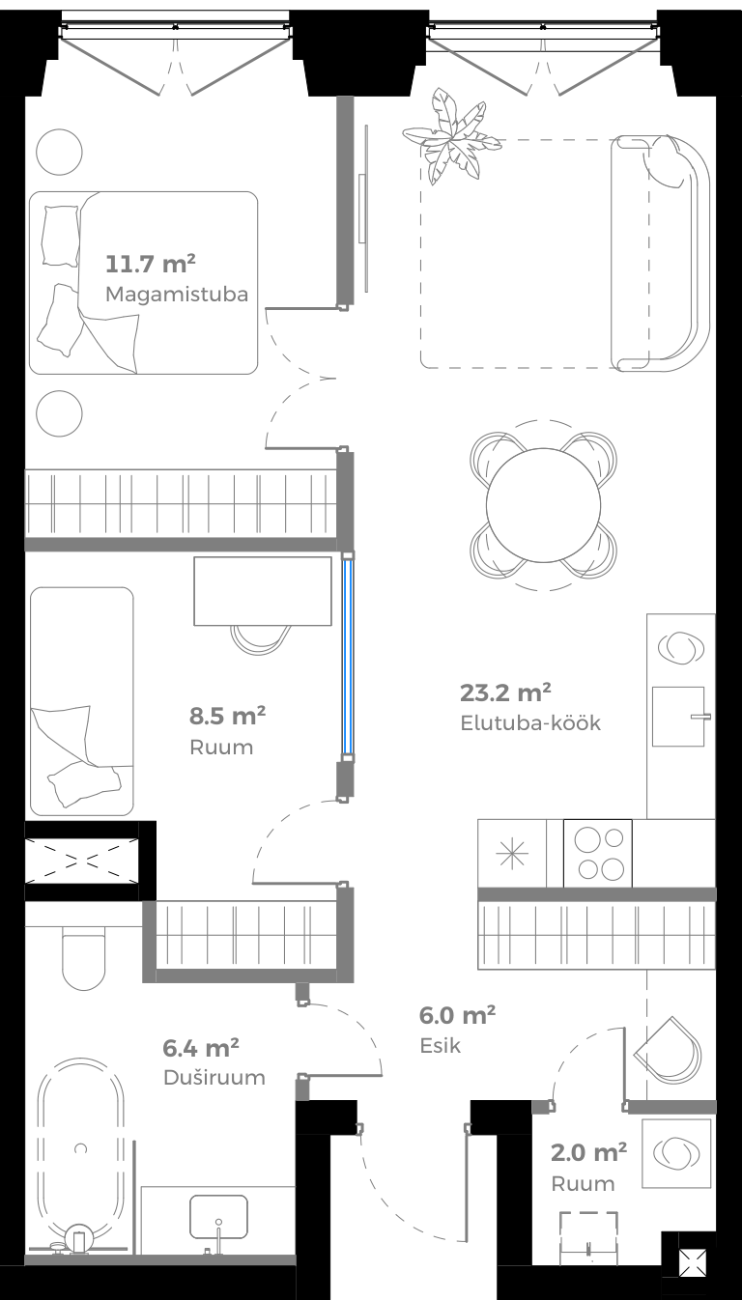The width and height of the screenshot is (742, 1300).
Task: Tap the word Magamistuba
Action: click(177, 294)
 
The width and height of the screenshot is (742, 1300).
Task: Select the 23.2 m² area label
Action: click(505, 692)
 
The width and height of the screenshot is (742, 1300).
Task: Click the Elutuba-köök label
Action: click(530, 722)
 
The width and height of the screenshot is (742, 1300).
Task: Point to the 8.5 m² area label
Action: click(227, 716)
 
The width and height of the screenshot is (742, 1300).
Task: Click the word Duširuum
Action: click(214, 1077)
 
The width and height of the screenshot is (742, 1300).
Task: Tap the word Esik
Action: click(441, 1045)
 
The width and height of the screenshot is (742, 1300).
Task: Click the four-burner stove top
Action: click(597, 853)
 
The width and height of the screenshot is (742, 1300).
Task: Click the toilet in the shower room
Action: click(83, 956)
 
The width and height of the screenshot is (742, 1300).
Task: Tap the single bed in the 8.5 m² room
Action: click(81, 700)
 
